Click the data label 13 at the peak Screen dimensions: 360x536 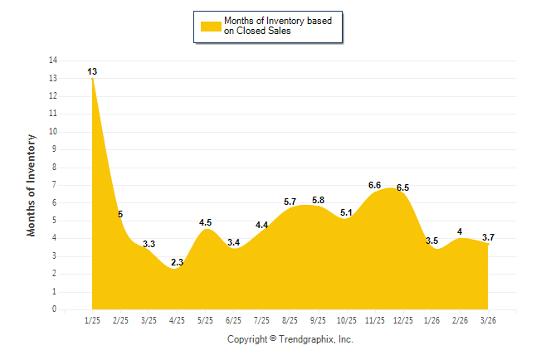[x=92, y=72]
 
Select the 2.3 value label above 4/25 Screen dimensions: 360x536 [x=178, y=262]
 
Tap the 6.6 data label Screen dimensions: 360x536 [x=375, y=186]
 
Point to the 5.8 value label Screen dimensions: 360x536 [x=319, y=200]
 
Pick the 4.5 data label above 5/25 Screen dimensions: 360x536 [x=206, y=222]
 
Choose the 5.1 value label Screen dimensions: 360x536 [x=347, y=212]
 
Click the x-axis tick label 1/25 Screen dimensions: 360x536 [x=93, y=319]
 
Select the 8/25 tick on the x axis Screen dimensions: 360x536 [x=290, y=319]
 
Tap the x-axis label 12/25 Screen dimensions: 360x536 [x=403, y=319]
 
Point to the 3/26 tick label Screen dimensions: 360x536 [x=488, y=319]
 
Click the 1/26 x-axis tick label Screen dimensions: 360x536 [x=431, y=319]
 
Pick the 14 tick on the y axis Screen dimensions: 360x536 [x=53, y=61]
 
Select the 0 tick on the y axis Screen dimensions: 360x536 [x=55, y=309]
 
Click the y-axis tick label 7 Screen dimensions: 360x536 [x=55, y=185]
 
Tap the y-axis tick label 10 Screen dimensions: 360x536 [x=53, y=132]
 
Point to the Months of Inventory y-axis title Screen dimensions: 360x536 [x=32, y=185]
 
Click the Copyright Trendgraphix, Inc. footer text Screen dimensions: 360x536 [x=290, y=339]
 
